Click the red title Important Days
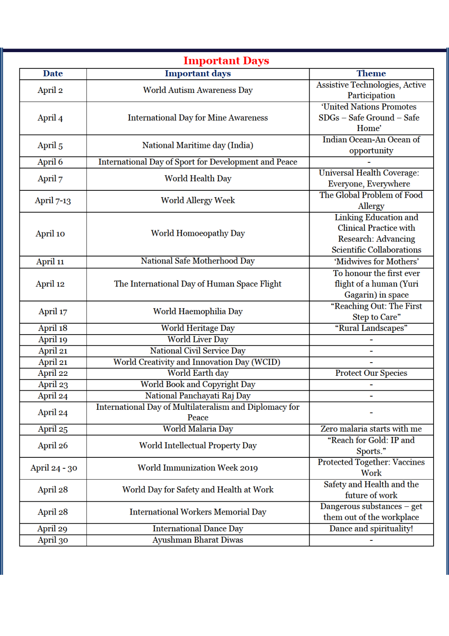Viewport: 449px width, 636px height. [226, 61]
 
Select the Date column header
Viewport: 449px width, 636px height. [53, 73]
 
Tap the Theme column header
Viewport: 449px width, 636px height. [371, 73]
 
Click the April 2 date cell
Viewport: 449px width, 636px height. [50, 90]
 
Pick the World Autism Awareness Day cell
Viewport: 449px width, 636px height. [198, 90]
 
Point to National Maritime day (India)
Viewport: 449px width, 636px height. [198, 145]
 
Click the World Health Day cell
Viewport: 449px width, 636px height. [198, 179]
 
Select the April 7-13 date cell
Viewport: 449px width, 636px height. [53, 200]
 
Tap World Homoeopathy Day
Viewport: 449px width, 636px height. [198, 233]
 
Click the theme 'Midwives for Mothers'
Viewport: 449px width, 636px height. [376, 262]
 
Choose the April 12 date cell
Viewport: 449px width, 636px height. [50, 284]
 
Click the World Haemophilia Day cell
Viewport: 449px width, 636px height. [198, 311]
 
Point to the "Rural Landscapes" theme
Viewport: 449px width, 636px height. [371, 328]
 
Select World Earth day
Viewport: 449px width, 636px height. [198, 373]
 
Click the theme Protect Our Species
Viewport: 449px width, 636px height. [371, 373]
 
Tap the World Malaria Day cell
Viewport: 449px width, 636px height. [198, 429]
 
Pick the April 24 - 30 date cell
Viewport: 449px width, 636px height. [53, 468]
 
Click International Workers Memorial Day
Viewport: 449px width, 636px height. [198, 512]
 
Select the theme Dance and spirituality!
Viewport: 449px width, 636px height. [371, 529]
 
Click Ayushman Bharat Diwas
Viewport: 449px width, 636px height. [198, 540]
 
